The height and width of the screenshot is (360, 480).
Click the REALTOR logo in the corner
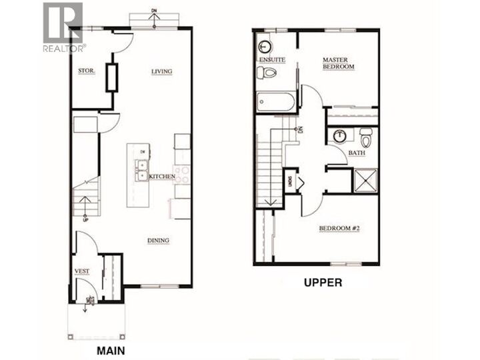[x=63, y=27]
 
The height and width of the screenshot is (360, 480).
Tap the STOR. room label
[x=85, y=70]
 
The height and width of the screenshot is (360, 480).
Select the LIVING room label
[x=162, y=71]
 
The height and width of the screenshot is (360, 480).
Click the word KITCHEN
[x=162, y=176]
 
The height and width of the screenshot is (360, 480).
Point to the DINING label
[x=158, y=241]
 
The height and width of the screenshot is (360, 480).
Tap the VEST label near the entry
[x=83, y=272]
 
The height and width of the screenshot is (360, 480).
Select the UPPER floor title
[x=323, y=282]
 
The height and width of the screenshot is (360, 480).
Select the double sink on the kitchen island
[x=142, y=171]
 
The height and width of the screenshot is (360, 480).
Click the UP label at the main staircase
[x=85, y=218]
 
